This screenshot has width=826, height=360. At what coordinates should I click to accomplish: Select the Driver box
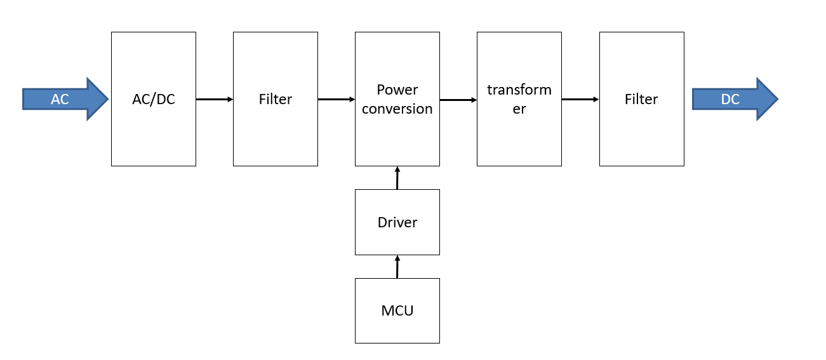tap(397, 222)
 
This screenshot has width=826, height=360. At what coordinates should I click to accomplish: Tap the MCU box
tap(397, 310)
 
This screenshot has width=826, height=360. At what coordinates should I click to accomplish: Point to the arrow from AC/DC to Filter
tap(215, 99)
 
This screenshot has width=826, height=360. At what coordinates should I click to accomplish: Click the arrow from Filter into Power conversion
tap(336, 99)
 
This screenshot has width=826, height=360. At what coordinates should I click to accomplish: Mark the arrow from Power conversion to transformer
tap(458, 100)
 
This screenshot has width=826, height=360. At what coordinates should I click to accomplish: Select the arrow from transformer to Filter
tap(580, 99)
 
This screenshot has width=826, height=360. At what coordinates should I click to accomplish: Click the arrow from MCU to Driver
tap(397, 267)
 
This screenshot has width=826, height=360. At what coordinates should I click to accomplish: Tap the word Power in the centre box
tap(397, 90)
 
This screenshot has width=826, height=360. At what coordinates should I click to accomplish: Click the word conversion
tap(397, 109)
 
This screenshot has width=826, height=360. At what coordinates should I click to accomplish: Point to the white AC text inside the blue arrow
tap(60, 99)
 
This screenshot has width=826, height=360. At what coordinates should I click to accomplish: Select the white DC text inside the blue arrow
tap(730, 99)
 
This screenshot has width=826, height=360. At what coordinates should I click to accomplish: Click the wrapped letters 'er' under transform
tap(519, 109)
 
